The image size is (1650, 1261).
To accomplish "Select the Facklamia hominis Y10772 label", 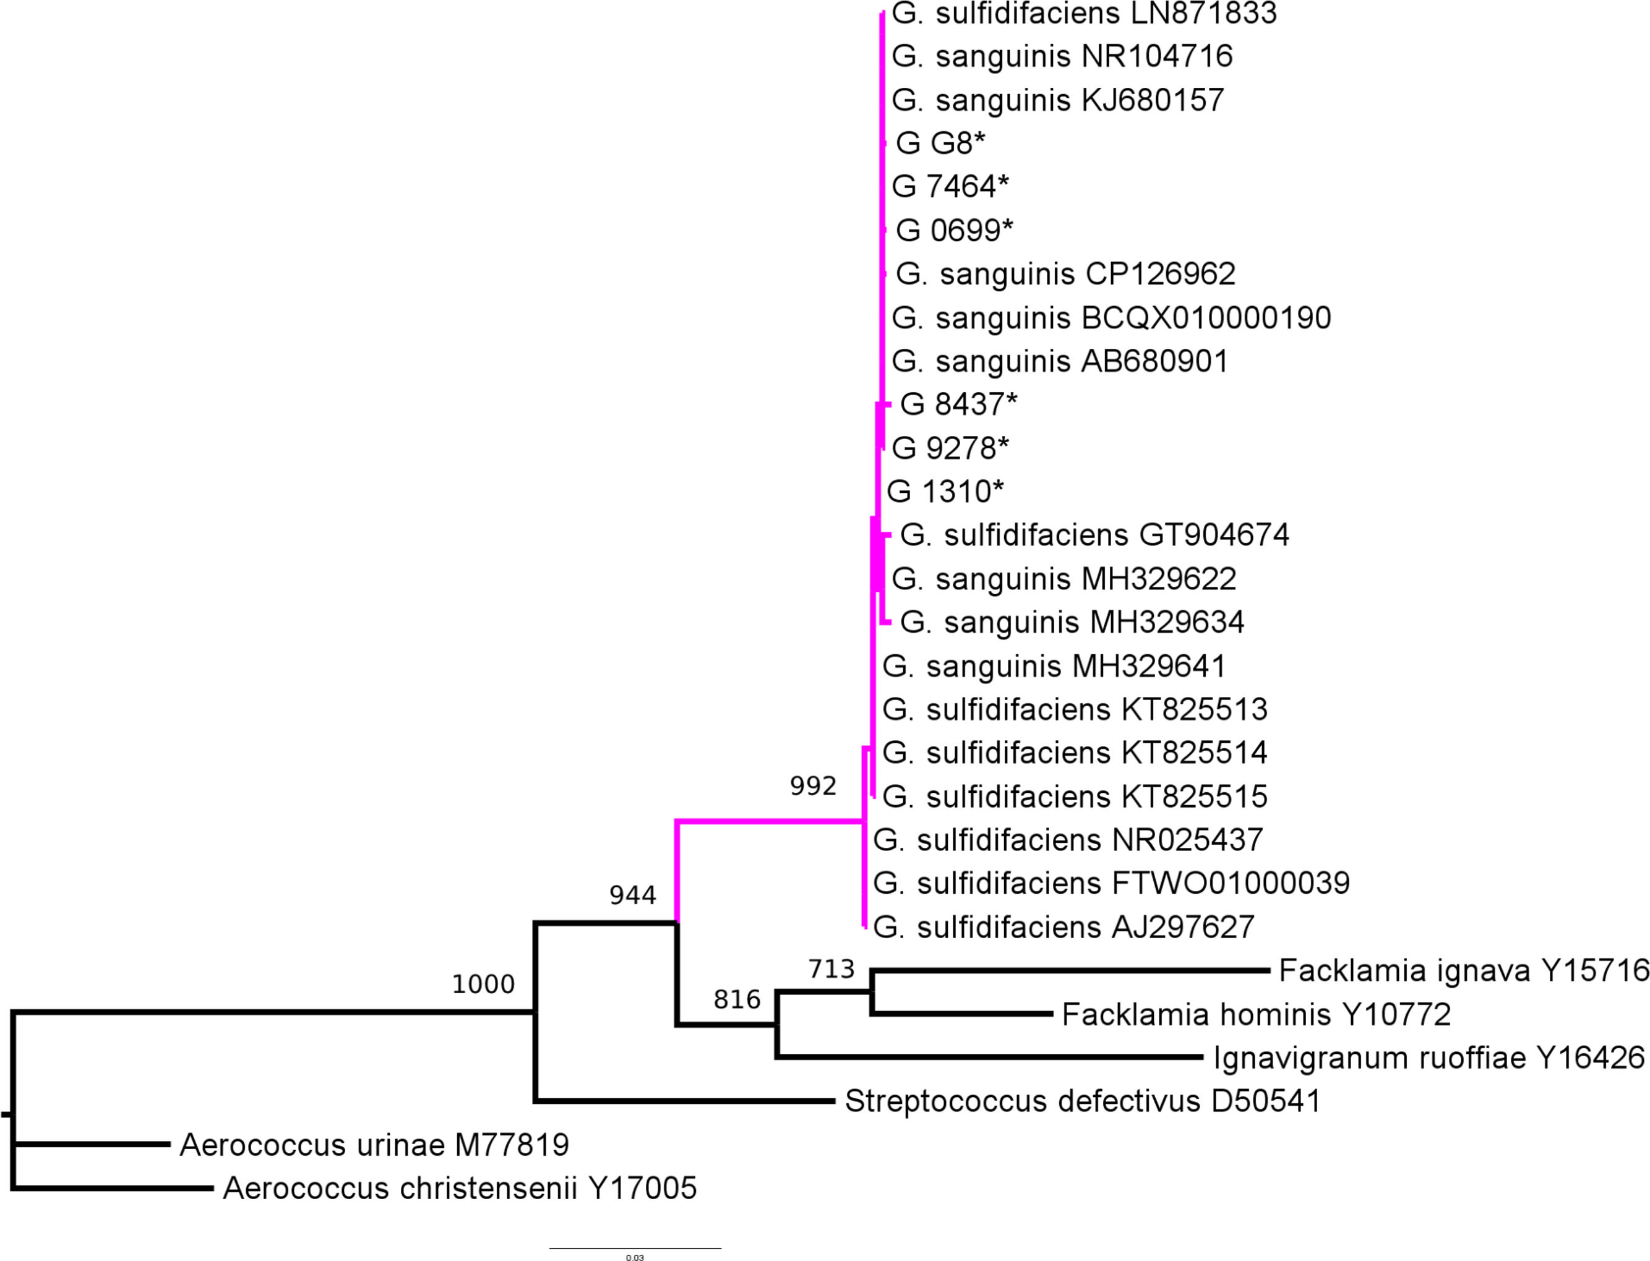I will click(x=1256, y=1014).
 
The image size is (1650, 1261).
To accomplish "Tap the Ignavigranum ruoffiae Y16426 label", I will click(x=1429, y=1058).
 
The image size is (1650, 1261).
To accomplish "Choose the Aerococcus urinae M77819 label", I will click(x=374, y=1145).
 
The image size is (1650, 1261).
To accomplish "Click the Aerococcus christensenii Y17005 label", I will click(x=460, y=1188).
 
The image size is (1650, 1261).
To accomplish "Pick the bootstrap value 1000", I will click(x=483, y=984).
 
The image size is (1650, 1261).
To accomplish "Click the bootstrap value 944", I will click(x=632, y=895).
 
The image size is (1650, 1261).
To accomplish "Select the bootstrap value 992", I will click(x=812, y=786).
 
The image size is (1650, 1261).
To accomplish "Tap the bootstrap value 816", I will click(x=736, y=999).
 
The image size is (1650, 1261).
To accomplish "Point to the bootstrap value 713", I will click(x=831, y=969).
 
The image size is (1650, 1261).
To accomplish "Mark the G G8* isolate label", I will click(x=940, y=143).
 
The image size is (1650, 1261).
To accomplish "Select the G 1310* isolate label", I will click(x=945, y=492).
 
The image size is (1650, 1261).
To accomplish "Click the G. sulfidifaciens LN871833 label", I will click(x=1084, y=14).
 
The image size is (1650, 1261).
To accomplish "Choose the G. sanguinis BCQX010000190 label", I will click(x=1111, y=317).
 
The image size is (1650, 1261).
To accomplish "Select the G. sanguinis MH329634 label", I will click(x=1072, y=622).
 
